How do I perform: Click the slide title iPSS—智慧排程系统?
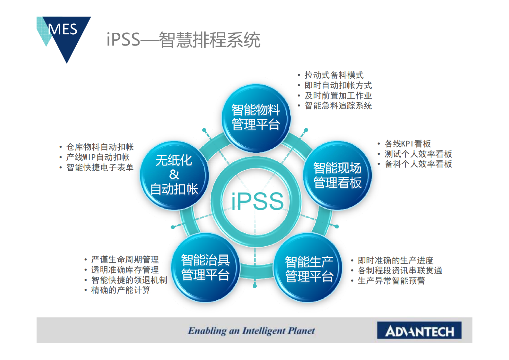pyautogui.click(x=183, y=40)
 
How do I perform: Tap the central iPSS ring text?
pyautogui.click(x=258, y=201)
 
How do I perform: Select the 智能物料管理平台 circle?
pyautogui.click(x=256, y=118)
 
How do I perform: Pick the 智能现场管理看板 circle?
pyautogui.click(x=337, y=175)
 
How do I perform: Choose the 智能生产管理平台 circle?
pyautogui.click(x=308, y=268)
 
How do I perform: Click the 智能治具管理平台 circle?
pyautogui.click(x=206, y=268)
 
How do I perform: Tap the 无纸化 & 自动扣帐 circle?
pyautogui.click(x=174, y=175)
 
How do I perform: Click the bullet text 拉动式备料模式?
pyautogui.click(x=334, y=75)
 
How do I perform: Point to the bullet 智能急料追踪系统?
pyautogui.click(x=338, y=106)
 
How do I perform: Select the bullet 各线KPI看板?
pyautogui.click(x=408, y=144)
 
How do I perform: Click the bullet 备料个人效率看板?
pyautogui.click(x=418, y=164)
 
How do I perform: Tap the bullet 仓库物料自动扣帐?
pyautogui.click(x=100, y=147)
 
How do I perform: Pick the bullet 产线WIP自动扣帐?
pyautogui.click(x=98, y=157)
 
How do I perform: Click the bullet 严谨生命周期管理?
pyautogui.click(x=125, y=259)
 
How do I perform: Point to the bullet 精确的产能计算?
pyautogui.click(x=121, y=290)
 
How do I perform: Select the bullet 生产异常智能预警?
pyautogui.click(x=391, y=281)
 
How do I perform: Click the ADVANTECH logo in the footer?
pyautogui.click(x=419, y=330)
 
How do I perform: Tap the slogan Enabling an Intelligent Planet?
pyautogui.click(x=251, y=331)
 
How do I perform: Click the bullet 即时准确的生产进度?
pyautogui.click(x=395, y=261)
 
